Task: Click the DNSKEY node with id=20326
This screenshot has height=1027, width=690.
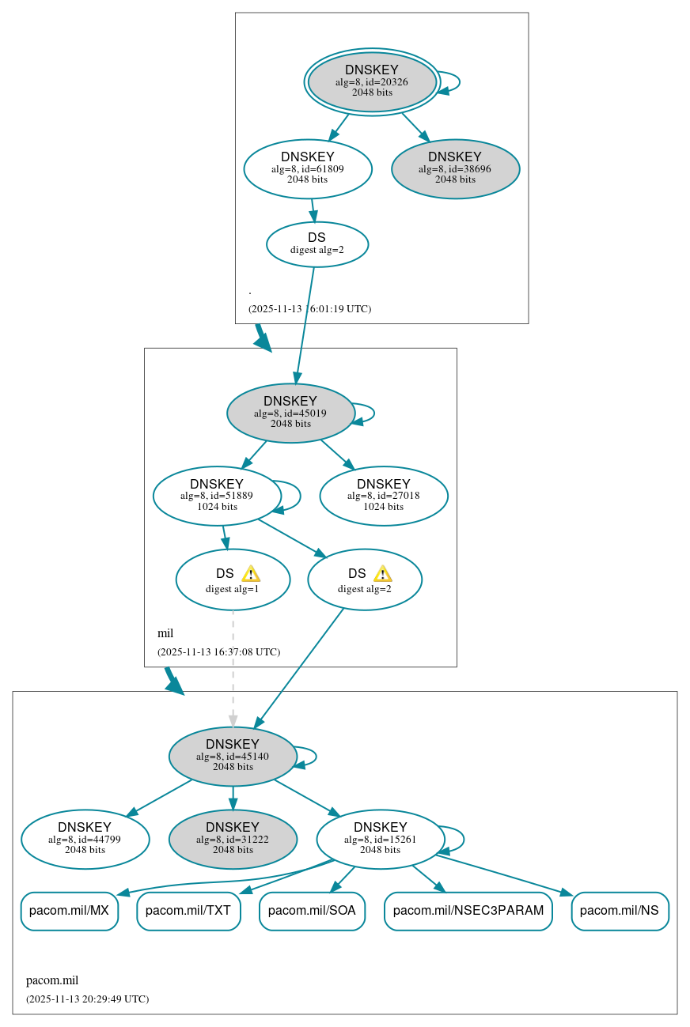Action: click(x=372, y=81)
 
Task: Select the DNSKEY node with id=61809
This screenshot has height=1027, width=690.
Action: click(x=308, y=168)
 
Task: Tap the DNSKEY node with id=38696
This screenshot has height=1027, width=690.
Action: click(x=455, y=168)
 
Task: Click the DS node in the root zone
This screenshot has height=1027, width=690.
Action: click(x=317, y=244)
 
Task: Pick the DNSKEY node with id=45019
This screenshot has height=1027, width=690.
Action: click(x=290, y=413)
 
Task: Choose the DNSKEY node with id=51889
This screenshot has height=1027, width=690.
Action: click(x=217, y=496)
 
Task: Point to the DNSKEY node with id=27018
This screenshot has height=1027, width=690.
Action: click(x=384, y=496)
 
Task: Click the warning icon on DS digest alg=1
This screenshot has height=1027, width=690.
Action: click(x=251, y=574)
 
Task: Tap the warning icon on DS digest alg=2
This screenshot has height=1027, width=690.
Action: click(x=383, y=574)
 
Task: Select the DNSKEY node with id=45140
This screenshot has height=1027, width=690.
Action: click(x=233, y=756)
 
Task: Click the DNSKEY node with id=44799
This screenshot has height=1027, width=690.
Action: click(x=85, y=839)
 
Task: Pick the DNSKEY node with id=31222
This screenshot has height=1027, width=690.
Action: click(x=233, y=839)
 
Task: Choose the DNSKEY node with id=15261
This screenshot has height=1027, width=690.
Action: click(x=381, y=839)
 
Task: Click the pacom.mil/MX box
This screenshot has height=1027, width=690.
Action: click(x=69, y=911)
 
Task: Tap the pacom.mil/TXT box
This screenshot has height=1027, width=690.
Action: click(x=188, y=911)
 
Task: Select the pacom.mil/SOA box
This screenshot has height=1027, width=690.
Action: click(x=312, y=911)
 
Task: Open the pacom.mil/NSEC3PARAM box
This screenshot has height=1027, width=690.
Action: click(x=468, y=911)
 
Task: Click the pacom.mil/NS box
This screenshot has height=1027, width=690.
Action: click(x=620, y=911)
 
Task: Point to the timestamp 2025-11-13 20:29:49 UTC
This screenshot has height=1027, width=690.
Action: click(x=87, y=999)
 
